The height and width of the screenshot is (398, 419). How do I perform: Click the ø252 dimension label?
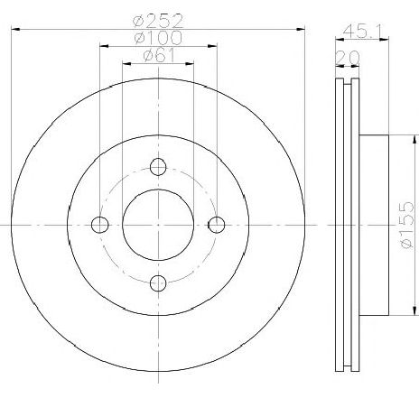[x=158, y=21]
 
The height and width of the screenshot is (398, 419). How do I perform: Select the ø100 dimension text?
[x=158, y=38]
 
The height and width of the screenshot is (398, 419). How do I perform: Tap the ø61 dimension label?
[x=159, y=55]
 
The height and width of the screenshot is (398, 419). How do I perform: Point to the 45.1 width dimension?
[x=362, y=31]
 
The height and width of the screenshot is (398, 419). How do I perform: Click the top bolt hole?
[x=158, y=167]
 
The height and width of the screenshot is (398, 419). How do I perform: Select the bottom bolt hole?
[x=158, y=282]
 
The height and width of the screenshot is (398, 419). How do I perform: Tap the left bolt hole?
[x=99, y=225]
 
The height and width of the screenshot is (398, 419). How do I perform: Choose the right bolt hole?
[x=217, y=225]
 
